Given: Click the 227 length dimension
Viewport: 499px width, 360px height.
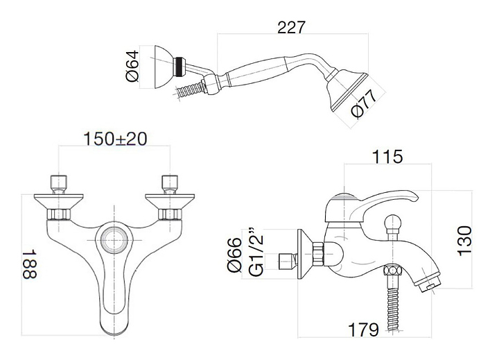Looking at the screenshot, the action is click(x=291, y=27).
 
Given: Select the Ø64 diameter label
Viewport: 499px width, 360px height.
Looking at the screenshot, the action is click(x=132, y=66).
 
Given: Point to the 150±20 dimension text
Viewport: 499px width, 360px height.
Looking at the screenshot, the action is click(x=115, y=139).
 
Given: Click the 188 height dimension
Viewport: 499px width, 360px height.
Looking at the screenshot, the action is click(x=30, y=264).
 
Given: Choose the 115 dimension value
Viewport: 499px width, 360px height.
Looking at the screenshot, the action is click(x=387, y=157).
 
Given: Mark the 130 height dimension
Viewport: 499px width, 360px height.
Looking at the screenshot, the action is click(x=464, y=241).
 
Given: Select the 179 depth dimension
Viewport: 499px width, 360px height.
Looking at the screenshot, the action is click(x=363, y=329).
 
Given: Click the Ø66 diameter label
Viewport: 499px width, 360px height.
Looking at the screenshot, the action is click(x=235, y=255).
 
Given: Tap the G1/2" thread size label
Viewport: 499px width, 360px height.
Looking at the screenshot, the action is click(x=256, y=252).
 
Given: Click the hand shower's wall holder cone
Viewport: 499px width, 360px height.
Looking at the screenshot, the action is click(x=164, y=67).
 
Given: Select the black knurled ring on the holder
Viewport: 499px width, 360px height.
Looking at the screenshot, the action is click(x=180, y=67).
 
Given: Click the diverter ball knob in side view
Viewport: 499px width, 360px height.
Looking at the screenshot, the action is click(x=392, y=223).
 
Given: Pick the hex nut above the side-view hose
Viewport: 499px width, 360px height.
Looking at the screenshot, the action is click(x=392, y=271).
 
